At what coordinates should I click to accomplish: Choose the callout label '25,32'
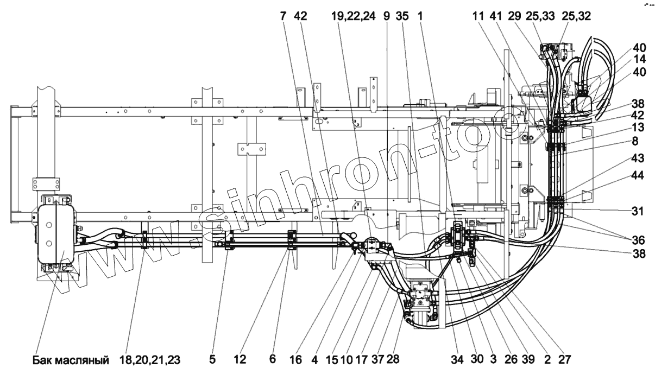[x=578, y=17]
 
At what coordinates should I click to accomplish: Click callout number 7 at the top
[x=284, y=17]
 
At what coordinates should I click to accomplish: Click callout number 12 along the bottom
[x=240, y=359]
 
